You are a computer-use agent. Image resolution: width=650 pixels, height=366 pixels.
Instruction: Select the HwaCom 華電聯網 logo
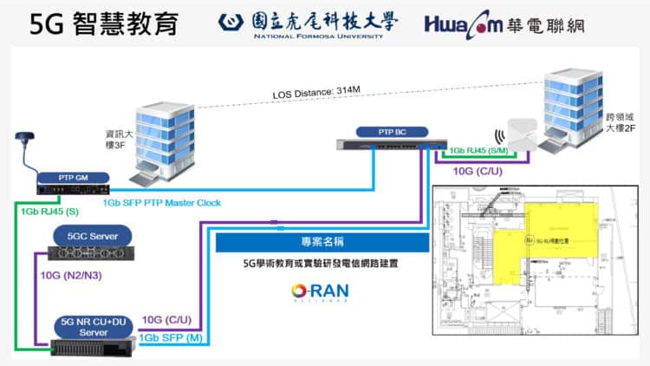tap(504, 24)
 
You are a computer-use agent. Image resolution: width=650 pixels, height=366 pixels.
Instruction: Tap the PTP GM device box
tap(73, 180)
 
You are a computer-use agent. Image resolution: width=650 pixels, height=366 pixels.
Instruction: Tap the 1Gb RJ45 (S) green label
tap(43, 211)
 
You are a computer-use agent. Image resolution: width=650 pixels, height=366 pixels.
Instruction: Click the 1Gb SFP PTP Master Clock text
tap(162, 203)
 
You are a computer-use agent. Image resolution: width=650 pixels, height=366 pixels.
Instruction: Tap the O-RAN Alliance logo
tap(320, 291)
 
